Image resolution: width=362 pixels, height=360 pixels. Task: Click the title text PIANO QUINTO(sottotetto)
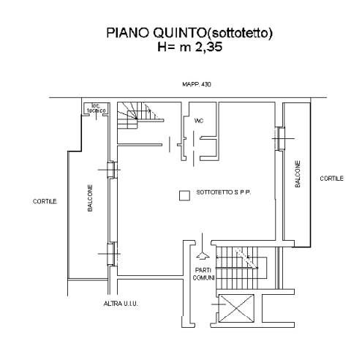click(x=189, y=33)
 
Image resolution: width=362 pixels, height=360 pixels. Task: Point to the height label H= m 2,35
click(x=189, y=47)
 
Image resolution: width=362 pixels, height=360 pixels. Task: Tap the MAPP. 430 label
click(x=197, y=84)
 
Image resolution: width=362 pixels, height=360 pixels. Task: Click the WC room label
click(x=199, y=121)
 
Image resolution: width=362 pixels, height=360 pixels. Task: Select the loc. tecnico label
click(x=97, y=108)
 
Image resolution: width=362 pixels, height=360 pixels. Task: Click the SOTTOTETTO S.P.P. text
click(x=224, y=192)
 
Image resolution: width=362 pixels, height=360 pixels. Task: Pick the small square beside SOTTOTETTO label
click(x=184, y=195)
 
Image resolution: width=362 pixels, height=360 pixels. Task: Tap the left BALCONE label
click(x=90, y=198)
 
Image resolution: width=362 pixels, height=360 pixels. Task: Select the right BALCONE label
click(x=298, y=173)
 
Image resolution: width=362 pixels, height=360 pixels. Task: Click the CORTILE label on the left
click(x=45, y=201)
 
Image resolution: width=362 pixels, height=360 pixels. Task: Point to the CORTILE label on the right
click(x=331, y=179)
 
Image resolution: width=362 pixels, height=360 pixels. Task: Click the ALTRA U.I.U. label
click(x=121, y=304)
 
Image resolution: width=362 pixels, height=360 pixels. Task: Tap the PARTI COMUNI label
click(x=203, y=274)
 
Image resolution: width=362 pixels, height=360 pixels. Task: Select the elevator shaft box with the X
click(x=237, y=308)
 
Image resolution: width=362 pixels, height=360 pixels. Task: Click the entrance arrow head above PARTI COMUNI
click(x=203, y=255)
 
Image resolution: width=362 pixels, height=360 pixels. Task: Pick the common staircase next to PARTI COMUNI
click(x=241, y=268)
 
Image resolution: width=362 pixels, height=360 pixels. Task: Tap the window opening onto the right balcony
click(x=280, y=138)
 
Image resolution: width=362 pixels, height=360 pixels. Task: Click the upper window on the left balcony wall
click(x=113, y=170)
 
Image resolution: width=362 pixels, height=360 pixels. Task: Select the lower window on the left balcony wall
click(x=113, y=254)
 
